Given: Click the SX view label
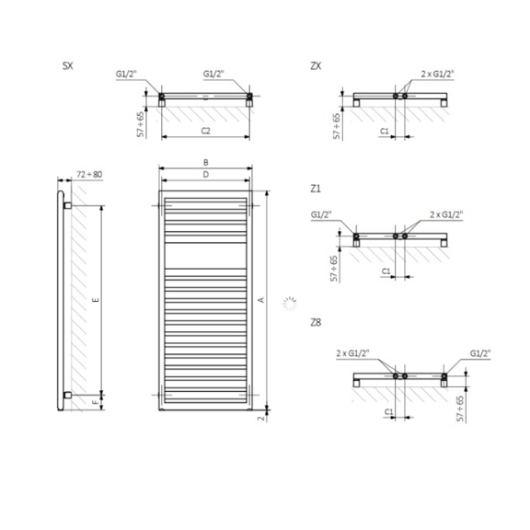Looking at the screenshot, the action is click(67, 65).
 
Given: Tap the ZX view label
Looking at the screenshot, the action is click(316, 66).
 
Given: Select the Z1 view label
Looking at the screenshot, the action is click(316, 189).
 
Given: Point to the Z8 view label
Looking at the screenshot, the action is click(316, 322).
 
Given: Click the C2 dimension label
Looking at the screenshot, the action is click(205, 131).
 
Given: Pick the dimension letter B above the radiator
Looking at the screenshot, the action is click(205, 162).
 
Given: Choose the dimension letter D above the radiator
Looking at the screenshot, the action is click(205, 175).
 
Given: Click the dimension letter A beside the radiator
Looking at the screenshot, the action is click(261, 300).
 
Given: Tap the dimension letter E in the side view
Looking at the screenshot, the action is click(96, 299).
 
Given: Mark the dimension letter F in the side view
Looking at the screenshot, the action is click(96, 402).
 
